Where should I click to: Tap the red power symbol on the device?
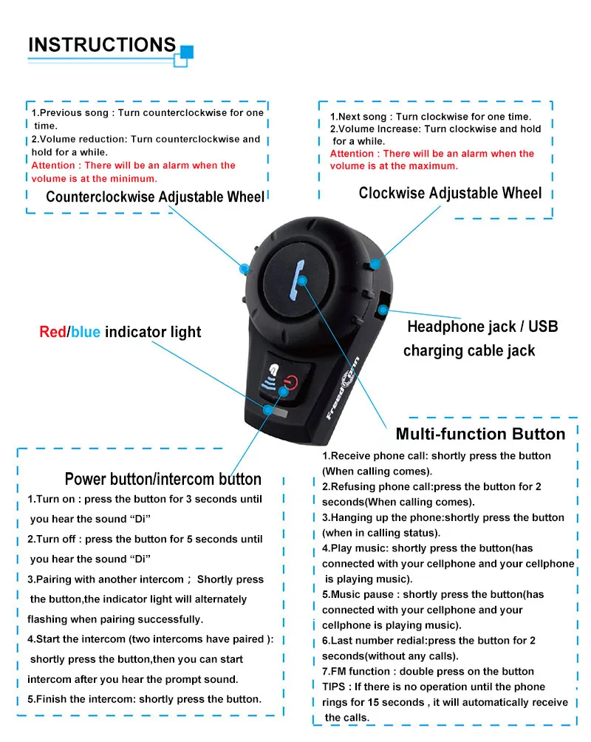(290, 382)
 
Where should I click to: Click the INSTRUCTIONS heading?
(102, 44)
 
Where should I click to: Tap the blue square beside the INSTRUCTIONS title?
(187, 52)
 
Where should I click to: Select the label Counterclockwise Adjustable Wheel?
(154, 197)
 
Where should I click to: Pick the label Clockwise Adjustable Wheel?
(450, 193)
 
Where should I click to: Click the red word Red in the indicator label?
(52, 332)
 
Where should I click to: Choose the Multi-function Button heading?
(480, 434)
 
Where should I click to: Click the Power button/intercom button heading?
(163, 479)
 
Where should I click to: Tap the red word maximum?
(435, 166)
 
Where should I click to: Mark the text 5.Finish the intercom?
(81, 698)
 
